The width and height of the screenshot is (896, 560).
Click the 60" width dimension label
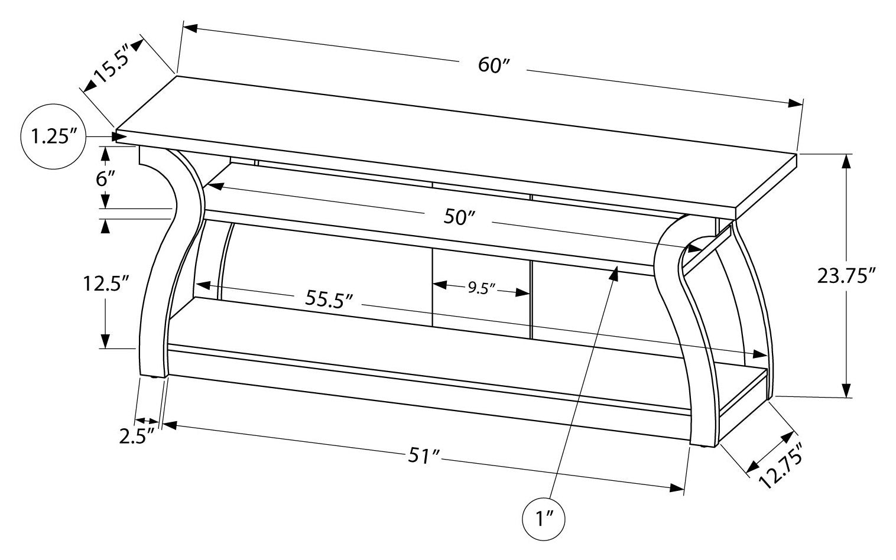tap(494, 66)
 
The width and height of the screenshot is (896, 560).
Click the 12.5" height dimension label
tap(106, 284)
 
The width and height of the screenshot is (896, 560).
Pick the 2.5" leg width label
tap(137, 436)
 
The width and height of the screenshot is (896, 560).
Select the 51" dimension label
tap(424, 456)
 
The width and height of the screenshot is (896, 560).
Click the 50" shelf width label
tap(459, 217)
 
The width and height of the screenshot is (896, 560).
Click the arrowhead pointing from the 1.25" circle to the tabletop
tap(110, 137)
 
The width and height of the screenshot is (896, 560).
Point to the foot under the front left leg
tap(156, 377)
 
